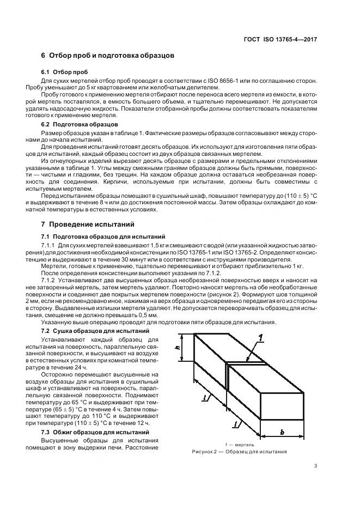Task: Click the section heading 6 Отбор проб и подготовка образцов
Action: click(107, 56)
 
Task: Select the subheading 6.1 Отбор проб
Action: click(64, 72)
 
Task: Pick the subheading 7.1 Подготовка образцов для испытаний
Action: click(103, 236)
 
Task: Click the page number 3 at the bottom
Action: click(316, 466)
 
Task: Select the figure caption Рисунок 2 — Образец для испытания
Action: click(240, 452)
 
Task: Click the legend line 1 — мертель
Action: click(239, 445)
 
